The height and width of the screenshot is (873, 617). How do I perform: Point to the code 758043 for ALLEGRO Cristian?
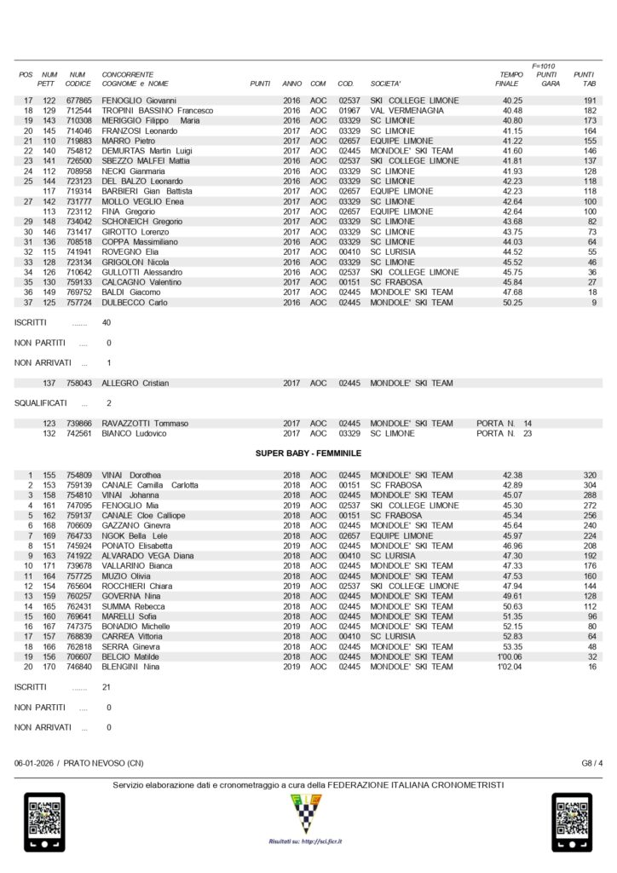point(79,384)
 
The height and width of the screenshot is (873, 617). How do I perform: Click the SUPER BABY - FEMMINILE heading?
point(308,454)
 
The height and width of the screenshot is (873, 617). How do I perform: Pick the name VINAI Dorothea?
point(131,475)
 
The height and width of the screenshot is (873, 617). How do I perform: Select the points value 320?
point(590,475)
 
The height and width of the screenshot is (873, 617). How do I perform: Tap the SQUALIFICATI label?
point(42,402)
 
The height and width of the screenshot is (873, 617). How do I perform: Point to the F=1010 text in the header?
point(544,66)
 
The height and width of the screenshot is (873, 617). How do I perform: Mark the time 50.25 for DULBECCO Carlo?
point(512,303)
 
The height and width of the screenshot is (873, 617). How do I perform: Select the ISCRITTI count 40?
point(107,324)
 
